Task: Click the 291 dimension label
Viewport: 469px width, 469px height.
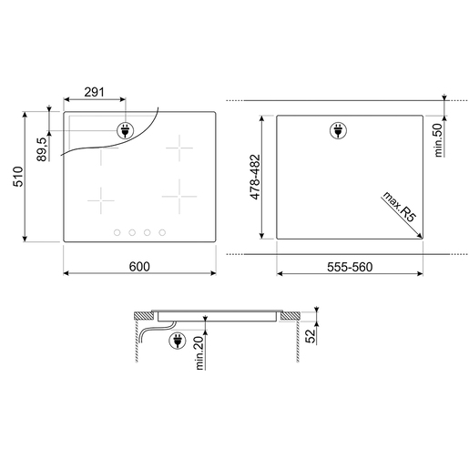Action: pyautogui.click(x=94, y=92)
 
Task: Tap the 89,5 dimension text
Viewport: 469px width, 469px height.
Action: pyautogui.click(x=42, y=149)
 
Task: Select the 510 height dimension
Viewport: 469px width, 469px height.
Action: pyautogui.click(x=18, y=177)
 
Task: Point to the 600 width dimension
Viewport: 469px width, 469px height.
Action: pyautogui.click(x=139, y=267)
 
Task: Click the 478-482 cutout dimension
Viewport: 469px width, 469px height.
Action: pyautogui.click(x=255, y=177)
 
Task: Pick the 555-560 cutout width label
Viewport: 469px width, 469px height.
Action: pyautogui.click(x=350, y=267)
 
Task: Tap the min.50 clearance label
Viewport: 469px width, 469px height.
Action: pyautogui.click(x=438, y=140)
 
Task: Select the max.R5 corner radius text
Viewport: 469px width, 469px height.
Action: pyautogui.click(x=399, y=207)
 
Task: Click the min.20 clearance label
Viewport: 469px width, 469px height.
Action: pyautogui.click(x=199, y=352)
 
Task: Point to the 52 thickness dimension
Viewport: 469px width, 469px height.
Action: pyautogui.click(x=311, y=336)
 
